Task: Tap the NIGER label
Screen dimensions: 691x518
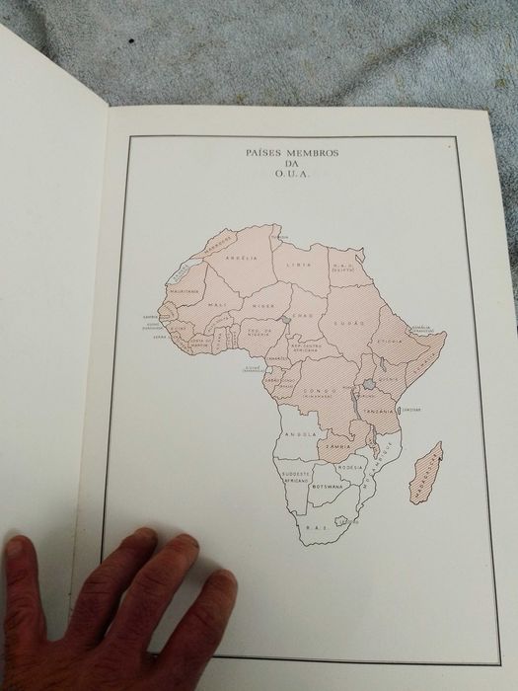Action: click(x=261, y=293)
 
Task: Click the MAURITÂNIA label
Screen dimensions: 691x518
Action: click(x=185, y=291)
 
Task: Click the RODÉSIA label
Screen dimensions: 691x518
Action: click(x=356, y=467)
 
